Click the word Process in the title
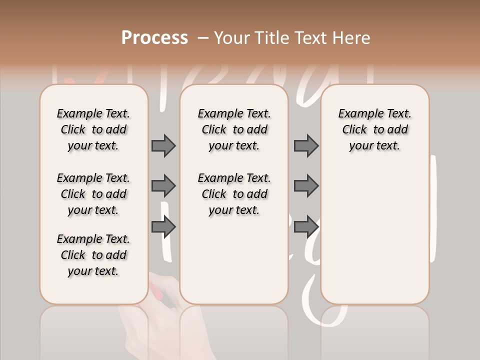pos(154,38)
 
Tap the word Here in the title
pos(351,38)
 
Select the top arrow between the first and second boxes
pos(163,146)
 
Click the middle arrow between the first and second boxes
pos(163,186)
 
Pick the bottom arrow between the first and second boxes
pos(163,227)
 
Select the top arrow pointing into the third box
pos(306,146)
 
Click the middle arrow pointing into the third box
pos(306,186)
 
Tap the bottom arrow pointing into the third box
pos(306,227)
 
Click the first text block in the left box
pos(93,129)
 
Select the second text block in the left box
pos(93,194)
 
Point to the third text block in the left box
pos(93,255)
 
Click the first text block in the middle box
pos(234,129)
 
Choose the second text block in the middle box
pos(234,194)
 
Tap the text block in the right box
pos(375,129)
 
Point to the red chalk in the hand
pos(155,290)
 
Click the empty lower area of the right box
pos(375,235)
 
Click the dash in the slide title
pos(202,38)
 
